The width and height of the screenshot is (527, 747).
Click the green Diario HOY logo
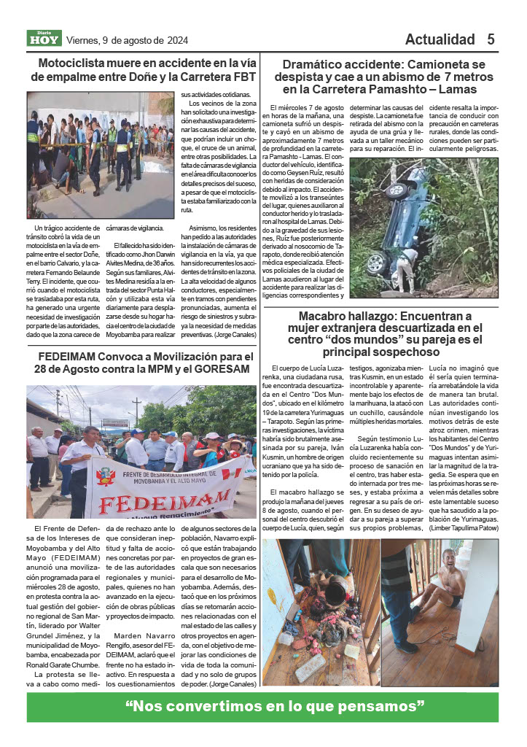coord(44,38)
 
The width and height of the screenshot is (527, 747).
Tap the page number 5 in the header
coord(491,39)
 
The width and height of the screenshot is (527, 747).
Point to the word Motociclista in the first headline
coord(76,63)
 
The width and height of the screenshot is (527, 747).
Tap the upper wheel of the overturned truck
coord(398,191)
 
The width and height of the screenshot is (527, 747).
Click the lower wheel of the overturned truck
coord(377,263)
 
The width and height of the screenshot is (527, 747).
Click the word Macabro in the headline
coord(327,317)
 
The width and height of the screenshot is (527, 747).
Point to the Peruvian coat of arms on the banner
coord(108,476)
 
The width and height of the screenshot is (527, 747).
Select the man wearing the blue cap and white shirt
coord(136,450)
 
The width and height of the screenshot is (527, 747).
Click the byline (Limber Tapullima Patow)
coord(464,527)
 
